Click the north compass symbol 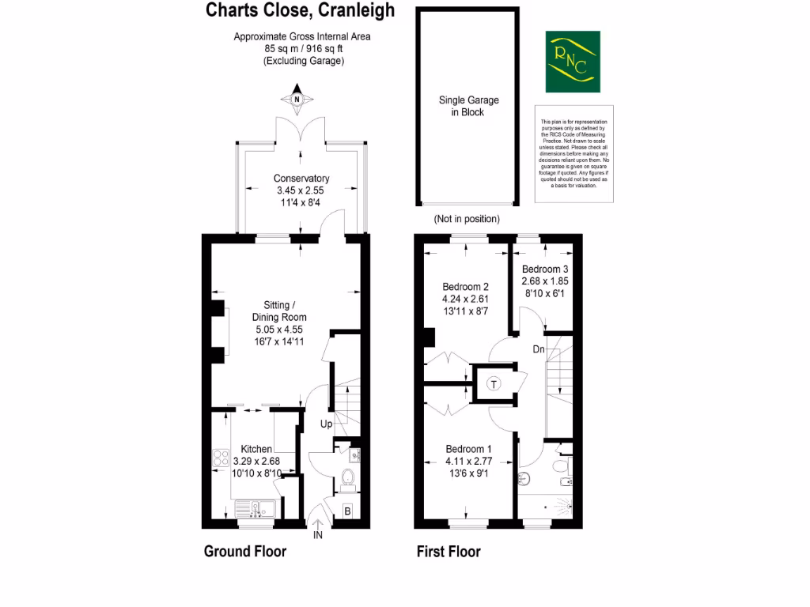(297, 100)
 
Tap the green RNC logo (573, 62)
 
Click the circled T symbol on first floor (494, 385)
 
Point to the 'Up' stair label (326, 424)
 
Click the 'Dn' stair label (538, 349)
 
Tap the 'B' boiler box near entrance (347, 511)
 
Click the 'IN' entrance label (318, 535)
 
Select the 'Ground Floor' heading (245, 551)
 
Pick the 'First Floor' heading (449, 552)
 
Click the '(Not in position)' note (467, 219)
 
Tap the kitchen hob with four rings (221, 460)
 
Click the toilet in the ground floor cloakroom (346, 477)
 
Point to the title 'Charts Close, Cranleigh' (311, 10)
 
